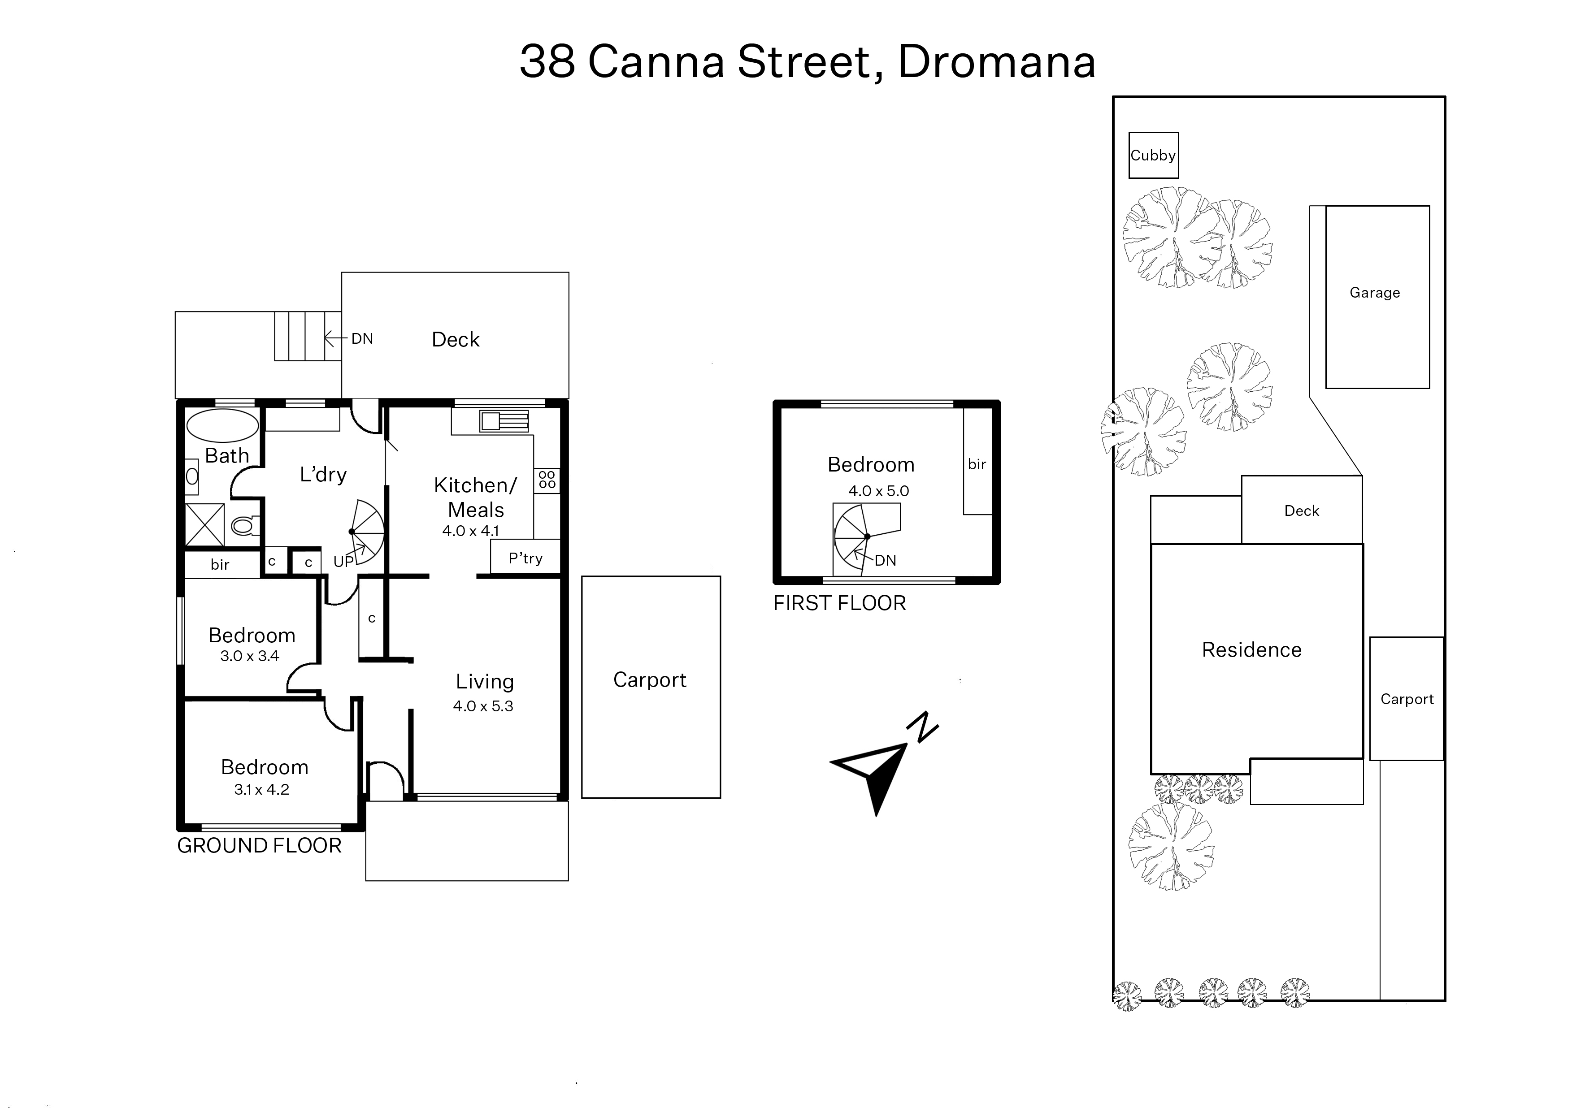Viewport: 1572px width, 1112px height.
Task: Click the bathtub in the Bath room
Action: pyautogui.click(x=222, y=425)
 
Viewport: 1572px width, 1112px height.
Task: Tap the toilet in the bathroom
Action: pyautogui.click(x=244, y=525)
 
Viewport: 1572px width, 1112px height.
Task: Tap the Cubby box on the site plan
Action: pyautogui.click(x=1154, y=156)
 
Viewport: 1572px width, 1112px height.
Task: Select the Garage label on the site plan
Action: pyautogui.click(x=1375, y=293)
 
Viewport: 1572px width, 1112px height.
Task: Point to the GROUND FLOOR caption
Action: pyautogui.click(x=259, y=846)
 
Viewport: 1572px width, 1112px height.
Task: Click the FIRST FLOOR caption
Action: pyautogui.click(x=840, y=603)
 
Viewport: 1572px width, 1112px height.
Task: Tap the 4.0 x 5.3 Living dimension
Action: pyautogui.click(x=483, y=706)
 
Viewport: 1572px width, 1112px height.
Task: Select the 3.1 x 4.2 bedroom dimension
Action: pyautogui.click(x=262, y=789)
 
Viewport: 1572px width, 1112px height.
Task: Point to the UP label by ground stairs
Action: pyautogui.click(x=343, y=562)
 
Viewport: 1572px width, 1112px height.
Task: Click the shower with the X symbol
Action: pyautogui.click(x=205, y=525)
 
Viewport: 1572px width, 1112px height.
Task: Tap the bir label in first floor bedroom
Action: pyautogui.click(x=977, y=464)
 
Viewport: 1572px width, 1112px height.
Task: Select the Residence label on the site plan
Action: pyautogui.click(x=1251, y=650)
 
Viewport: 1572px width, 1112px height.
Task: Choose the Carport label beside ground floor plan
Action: pyautogui.click(x=649, y=680)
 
